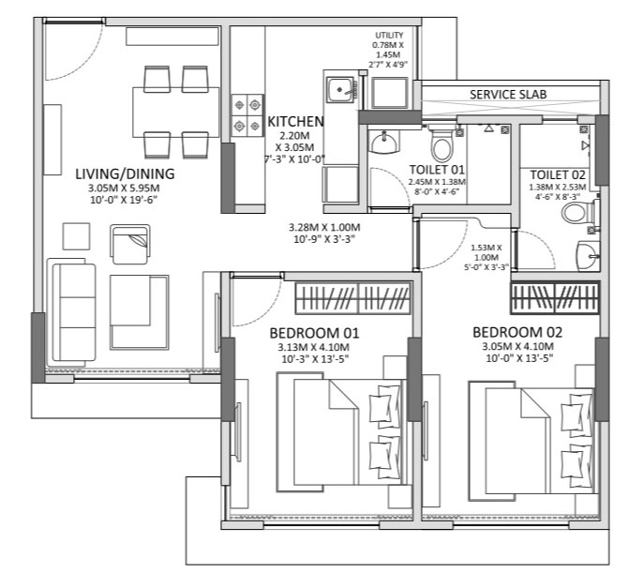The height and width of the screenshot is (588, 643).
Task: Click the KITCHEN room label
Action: [295, 122]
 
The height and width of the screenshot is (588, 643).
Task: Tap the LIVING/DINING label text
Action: [125, 173]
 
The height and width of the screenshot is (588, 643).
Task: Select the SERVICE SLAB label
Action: [508, 95]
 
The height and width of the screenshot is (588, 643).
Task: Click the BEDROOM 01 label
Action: [314, 333]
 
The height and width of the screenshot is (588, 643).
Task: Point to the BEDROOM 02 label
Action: [517, 332]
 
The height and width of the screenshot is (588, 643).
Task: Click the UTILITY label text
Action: [389, 36]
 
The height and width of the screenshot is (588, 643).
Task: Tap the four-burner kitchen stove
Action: [247, 115]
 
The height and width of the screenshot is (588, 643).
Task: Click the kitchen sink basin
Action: [340, 90]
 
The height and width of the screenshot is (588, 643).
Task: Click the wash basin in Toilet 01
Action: [384, 142]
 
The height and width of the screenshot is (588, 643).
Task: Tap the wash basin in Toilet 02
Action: [588, 256]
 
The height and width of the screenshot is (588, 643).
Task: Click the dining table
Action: [175, 112]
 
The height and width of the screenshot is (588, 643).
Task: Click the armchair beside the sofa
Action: [130, 245]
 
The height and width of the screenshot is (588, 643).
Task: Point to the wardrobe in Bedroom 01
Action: [353, 298]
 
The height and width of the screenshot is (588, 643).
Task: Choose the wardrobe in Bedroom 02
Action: [555, 297]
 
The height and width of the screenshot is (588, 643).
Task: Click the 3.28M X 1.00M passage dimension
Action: [324, 233]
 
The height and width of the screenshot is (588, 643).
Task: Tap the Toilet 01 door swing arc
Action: [396, 182]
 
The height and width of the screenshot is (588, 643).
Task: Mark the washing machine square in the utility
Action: [390, 93]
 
